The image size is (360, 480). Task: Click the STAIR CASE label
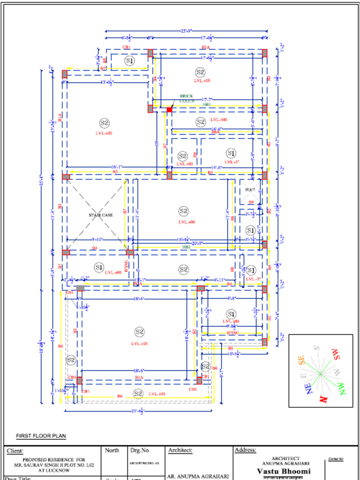101,215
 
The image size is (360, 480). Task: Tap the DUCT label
250,189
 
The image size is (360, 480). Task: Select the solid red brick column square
169,110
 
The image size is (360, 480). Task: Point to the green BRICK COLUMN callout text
186,98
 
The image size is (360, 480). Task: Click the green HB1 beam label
206,105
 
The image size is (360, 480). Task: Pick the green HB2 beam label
186,246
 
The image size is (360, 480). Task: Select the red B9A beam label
215,133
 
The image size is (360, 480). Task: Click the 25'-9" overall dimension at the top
186,31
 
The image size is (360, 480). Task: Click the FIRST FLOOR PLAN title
41,436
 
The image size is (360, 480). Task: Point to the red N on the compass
323,399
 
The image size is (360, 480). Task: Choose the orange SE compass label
303,360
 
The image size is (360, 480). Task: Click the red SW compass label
336,354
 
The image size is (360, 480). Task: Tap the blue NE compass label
310,389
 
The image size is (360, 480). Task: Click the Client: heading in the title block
18,451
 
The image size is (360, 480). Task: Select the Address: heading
245,450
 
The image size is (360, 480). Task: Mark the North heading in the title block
112,450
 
